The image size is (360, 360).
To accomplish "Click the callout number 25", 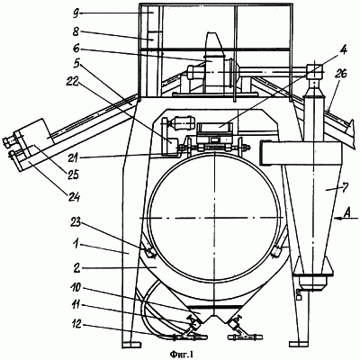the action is point(72,175).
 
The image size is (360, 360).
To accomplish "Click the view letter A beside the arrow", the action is point(347,212).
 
